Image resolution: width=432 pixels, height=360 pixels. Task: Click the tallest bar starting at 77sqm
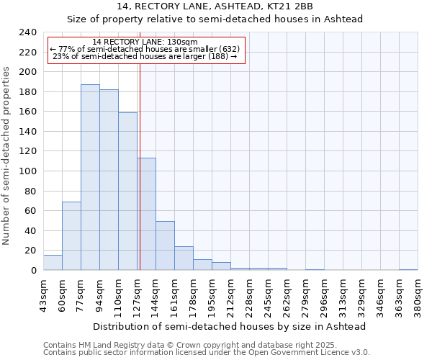pos(90,177)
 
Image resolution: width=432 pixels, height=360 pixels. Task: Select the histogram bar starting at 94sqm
pos(109,179)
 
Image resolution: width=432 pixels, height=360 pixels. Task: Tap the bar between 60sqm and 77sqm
pos(71,235)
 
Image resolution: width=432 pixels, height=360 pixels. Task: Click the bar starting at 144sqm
pos(165,246)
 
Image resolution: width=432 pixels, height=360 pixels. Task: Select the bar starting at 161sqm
pos(184,258)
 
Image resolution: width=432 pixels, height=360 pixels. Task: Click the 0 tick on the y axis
pos(33,271)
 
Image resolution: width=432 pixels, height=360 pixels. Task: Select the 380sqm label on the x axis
pos(418,295)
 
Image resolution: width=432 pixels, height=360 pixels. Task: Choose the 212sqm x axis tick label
pos(230,295)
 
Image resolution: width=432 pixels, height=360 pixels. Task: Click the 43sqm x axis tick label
pos(43,295)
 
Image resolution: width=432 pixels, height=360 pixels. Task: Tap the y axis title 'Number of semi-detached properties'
pos(7,156)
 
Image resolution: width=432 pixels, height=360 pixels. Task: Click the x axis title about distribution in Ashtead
pos(230,326)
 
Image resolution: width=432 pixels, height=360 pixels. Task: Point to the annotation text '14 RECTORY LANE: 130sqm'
pos(145,42)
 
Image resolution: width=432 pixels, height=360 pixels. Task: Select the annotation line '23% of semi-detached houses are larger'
pos(145,57)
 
